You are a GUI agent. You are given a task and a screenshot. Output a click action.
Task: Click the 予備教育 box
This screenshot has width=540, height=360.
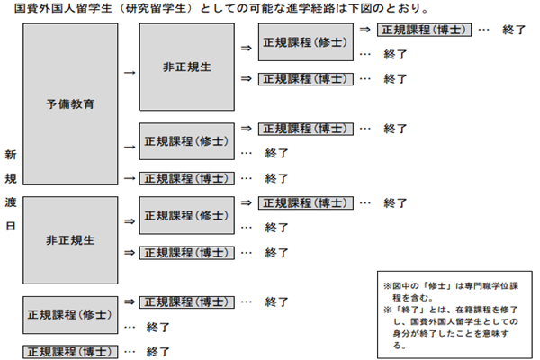pyautogui.click(x=70, y=104)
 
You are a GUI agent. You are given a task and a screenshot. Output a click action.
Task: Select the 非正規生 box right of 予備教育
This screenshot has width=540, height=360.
pyautogui.click(x=187, y=67)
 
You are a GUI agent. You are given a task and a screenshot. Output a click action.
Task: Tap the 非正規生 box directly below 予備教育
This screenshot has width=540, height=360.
pyautogui.click(x=70, y=240)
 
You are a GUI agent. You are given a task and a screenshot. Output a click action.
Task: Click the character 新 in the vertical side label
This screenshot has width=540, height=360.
pyautogui.click(x=11, y=155)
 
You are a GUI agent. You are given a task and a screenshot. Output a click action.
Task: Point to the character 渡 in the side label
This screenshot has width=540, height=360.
pyautogui.click(x=11, y=202)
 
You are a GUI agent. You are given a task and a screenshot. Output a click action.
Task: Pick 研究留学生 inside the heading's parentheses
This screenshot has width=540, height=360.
pyautogui.click(x=156, y=8)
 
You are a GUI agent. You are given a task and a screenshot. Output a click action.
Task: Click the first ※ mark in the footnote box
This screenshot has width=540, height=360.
pyautogui.click(x=388, y=286)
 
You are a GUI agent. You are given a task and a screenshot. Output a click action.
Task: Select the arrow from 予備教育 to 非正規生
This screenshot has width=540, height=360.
pyautogui.click(x=130, y=73)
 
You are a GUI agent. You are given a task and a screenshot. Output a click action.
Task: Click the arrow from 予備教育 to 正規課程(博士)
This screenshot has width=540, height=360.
pyautogui.click(x=130, y=178)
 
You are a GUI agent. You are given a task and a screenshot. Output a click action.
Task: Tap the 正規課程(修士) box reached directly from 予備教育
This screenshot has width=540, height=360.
pyautogui.click(x=187, y=141)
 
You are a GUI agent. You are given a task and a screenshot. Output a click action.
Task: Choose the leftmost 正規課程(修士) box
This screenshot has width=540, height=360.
pyautogui.click(x=70, y=315)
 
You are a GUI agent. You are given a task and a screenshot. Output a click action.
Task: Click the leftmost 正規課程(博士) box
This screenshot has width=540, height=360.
pyautogui.click(x=70, y=352)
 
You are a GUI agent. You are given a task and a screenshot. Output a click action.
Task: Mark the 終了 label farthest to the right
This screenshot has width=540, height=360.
pyautogui.click(x=514, y=30)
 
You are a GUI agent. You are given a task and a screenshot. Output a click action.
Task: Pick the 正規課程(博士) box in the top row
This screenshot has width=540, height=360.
pyautogui.click(x=424, y=30)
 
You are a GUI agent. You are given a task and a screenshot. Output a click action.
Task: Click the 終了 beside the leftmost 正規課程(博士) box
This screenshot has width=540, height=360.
pyautogui.click(x=157, y=352)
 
